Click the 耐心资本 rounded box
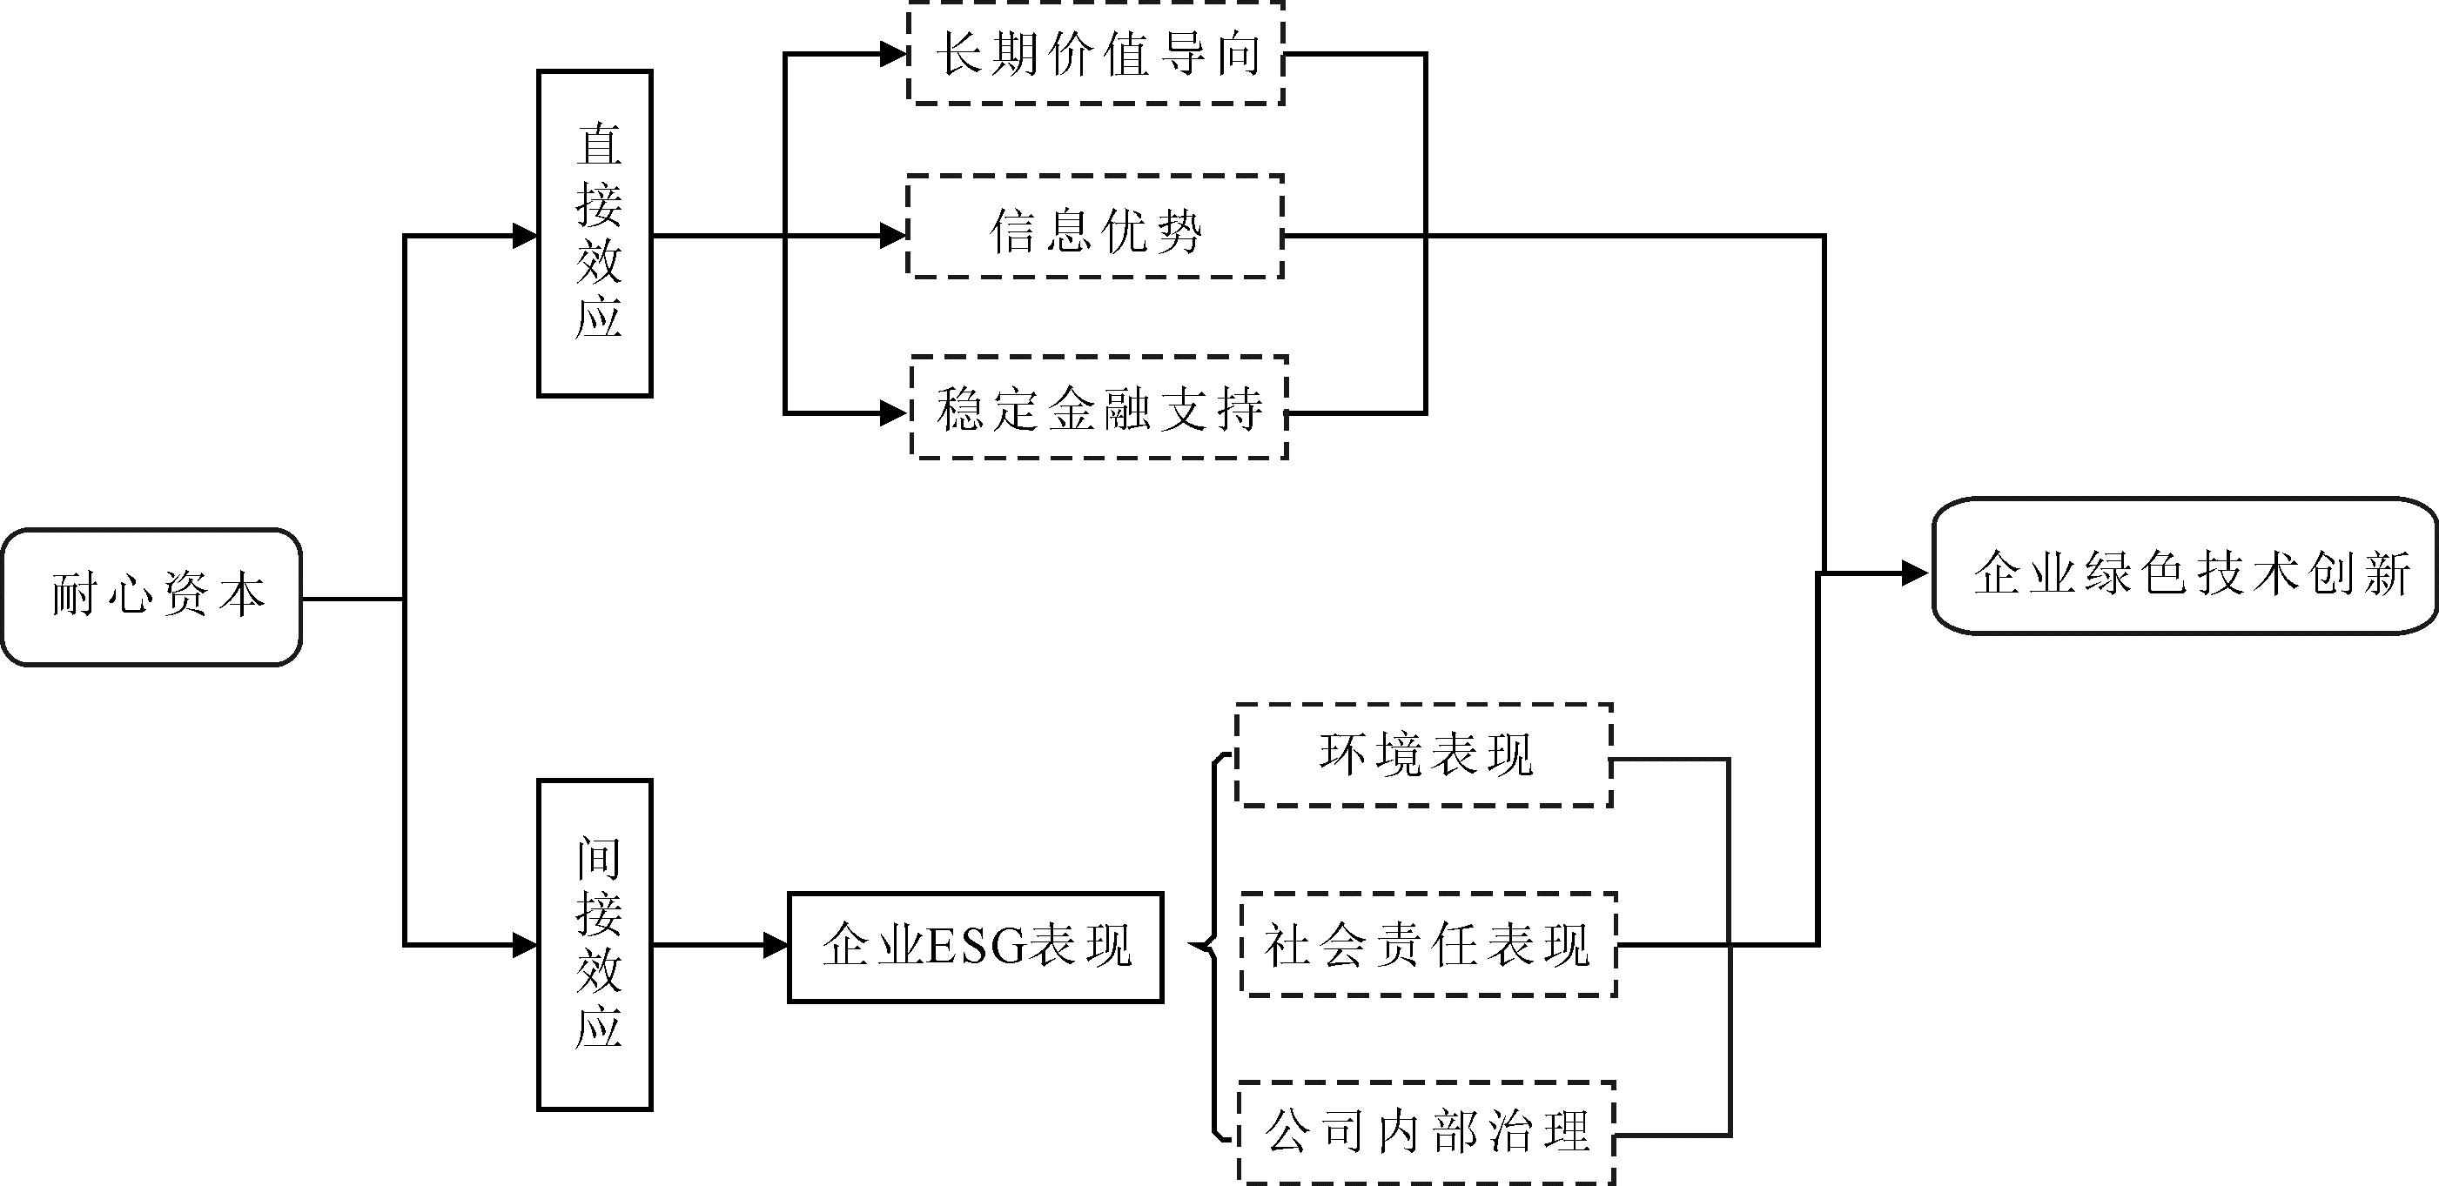151,597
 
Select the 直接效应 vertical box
595,233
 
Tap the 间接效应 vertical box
595,944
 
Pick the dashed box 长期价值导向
1096,54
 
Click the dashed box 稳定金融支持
1099,408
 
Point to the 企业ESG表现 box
975,946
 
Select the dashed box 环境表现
1424,755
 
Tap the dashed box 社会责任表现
1428,945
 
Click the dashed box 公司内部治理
1426,1132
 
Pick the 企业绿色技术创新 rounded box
2185,566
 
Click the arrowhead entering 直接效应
525,236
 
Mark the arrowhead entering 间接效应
525,945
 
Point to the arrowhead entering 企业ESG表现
776,945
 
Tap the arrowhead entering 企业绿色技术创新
1914,573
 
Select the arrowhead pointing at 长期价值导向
894,55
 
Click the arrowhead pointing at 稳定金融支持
894,412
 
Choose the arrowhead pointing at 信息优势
894,235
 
